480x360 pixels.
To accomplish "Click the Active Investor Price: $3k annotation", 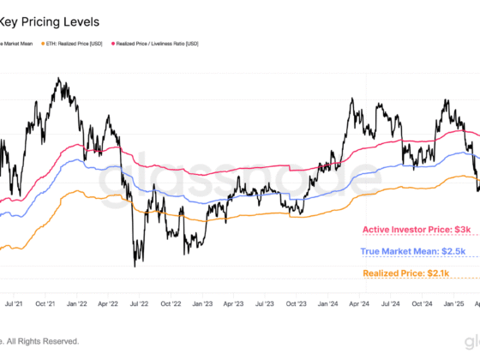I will pos(417,230).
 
